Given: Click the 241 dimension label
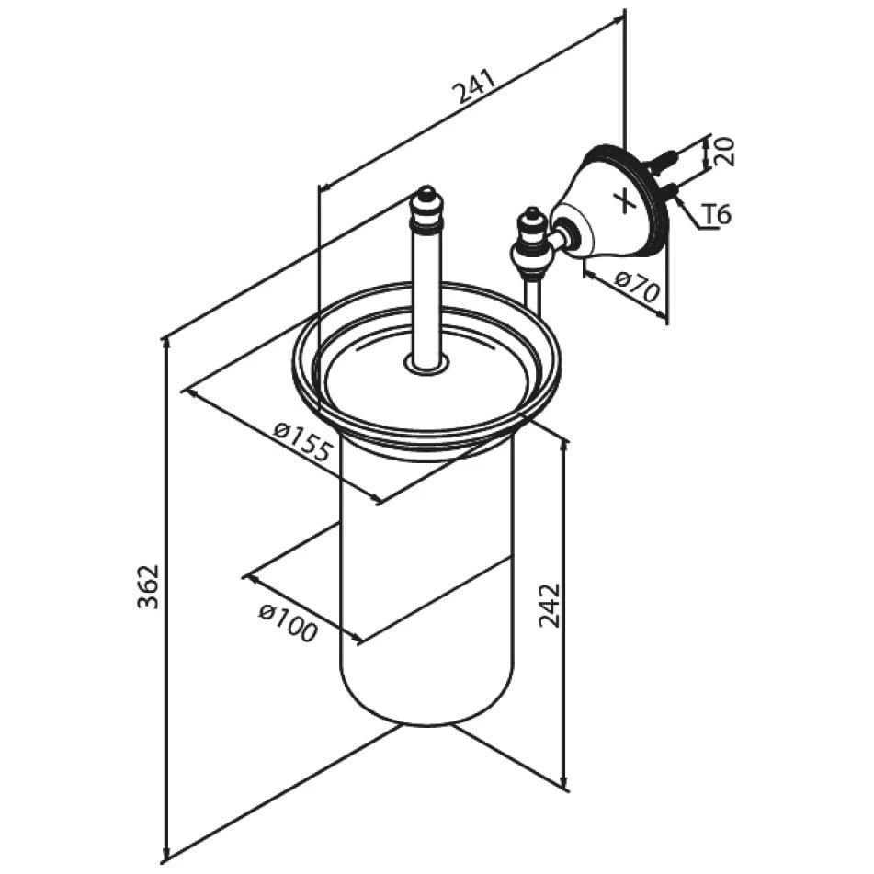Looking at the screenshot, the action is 475,86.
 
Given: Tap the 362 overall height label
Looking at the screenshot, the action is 149,586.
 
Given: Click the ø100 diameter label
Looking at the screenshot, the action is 289,622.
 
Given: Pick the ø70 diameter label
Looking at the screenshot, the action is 637,285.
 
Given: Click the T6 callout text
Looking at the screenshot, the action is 715,215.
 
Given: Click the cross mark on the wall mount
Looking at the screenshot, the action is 625,200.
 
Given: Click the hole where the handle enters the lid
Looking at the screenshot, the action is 427,365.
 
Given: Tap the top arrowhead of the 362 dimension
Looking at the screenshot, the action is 165,345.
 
